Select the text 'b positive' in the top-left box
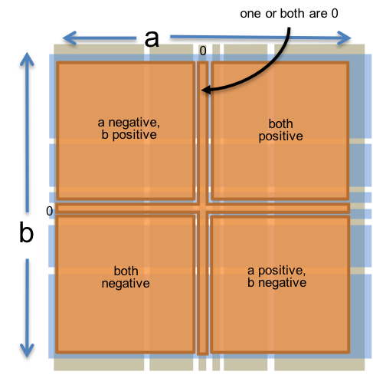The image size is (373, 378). pos(129,135)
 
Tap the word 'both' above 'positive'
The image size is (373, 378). pos(280,123)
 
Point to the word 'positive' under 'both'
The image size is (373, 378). pos(280,136)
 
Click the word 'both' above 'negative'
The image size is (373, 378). pos(126,271)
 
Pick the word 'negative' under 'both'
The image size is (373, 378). pos(126,283)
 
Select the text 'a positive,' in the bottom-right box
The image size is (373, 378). pos(276,271)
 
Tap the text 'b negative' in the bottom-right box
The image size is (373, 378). pos(276,283)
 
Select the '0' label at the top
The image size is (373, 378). pos(202,51)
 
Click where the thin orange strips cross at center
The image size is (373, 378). pos(202,208)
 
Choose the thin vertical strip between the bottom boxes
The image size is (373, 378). pos(202,284)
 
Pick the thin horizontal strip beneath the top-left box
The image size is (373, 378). pos(126,208)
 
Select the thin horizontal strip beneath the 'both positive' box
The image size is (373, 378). pos(280,208)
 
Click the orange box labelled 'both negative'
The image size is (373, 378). pos(126,307)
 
